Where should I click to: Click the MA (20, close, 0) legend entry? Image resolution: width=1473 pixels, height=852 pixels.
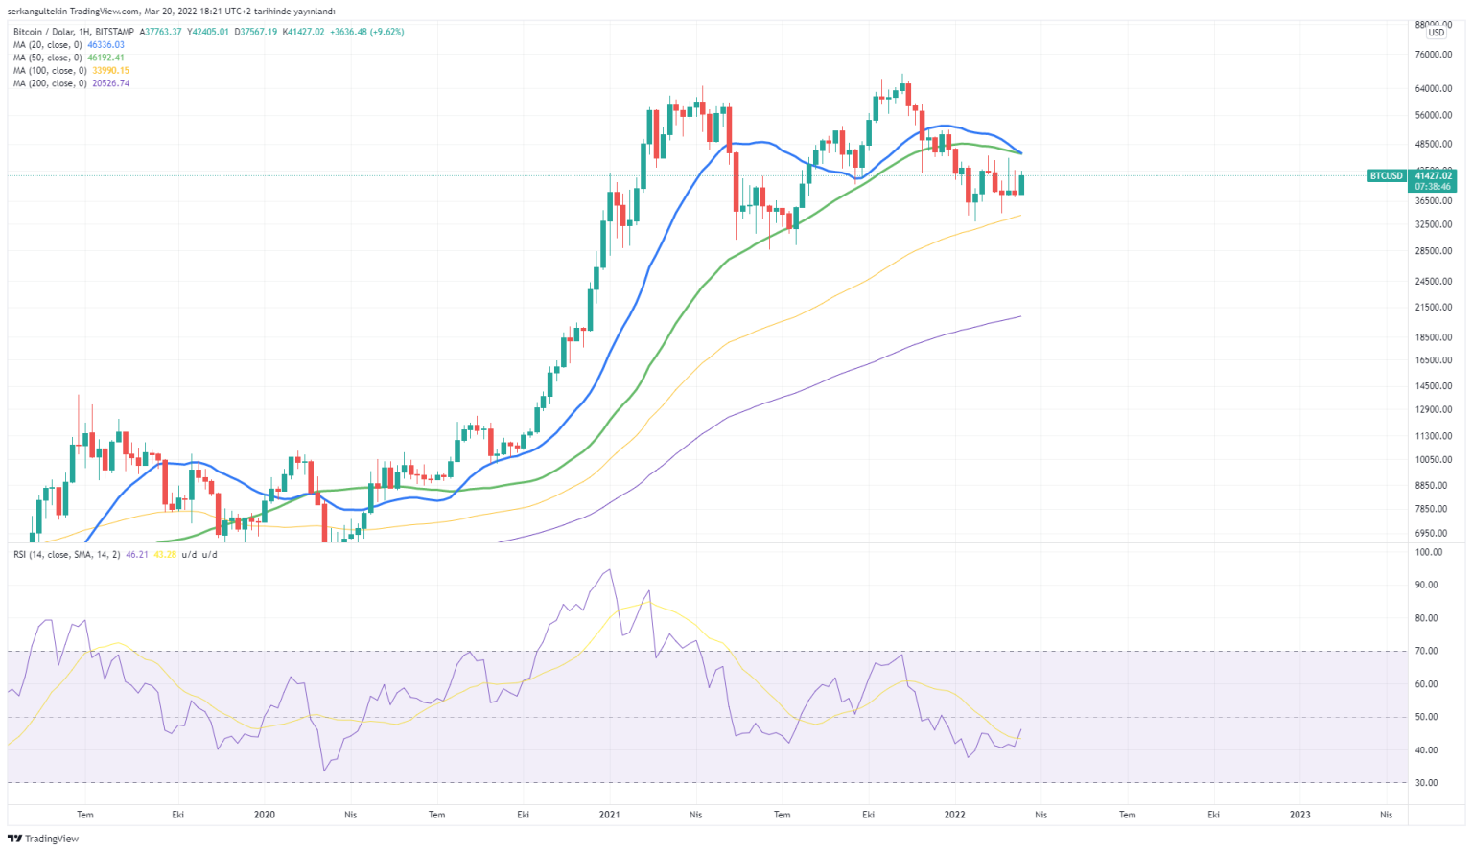[48, 45]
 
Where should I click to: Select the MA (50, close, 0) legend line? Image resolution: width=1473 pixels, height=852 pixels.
[48, 58]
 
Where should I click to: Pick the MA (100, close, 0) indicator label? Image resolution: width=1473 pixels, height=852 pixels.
[50, 71]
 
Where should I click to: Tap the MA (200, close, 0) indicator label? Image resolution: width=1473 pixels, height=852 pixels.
[50, 83]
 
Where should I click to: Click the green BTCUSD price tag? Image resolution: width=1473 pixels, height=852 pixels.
[1386, 176]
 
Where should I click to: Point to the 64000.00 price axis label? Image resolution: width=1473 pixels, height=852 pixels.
[1433, 89]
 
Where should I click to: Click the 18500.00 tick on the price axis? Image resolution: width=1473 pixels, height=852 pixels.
[1433, 337]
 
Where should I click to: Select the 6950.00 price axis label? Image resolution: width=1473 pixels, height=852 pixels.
[1435, 533]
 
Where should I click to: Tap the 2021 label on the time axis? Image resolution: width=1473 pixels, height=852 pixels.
[609, 816]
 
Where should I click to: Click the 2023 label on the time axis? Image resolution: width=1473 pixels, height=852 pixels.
[1299, 816]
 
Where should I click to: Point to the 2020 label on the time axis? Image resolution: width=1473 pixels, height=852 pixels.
[264, 816]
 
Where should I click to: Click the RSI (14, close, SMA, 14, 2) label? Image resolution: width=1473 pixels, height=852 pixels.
[66, 555]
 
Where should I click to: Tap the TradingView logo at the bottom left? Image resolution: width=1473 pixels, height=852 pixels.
[43, 839]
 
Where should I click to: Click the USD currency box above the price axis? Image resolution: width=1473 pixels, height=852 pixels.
[1436, 33]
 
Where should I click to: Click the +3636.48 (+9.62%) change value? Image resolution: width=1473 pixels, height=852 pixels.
[367, 32]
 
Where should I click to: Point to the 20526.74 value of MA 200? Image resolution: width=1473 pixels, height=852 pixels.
[108, 83]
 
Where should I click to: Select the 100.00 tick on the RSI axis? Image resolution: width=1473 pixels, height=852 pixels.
[1428, 552]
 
